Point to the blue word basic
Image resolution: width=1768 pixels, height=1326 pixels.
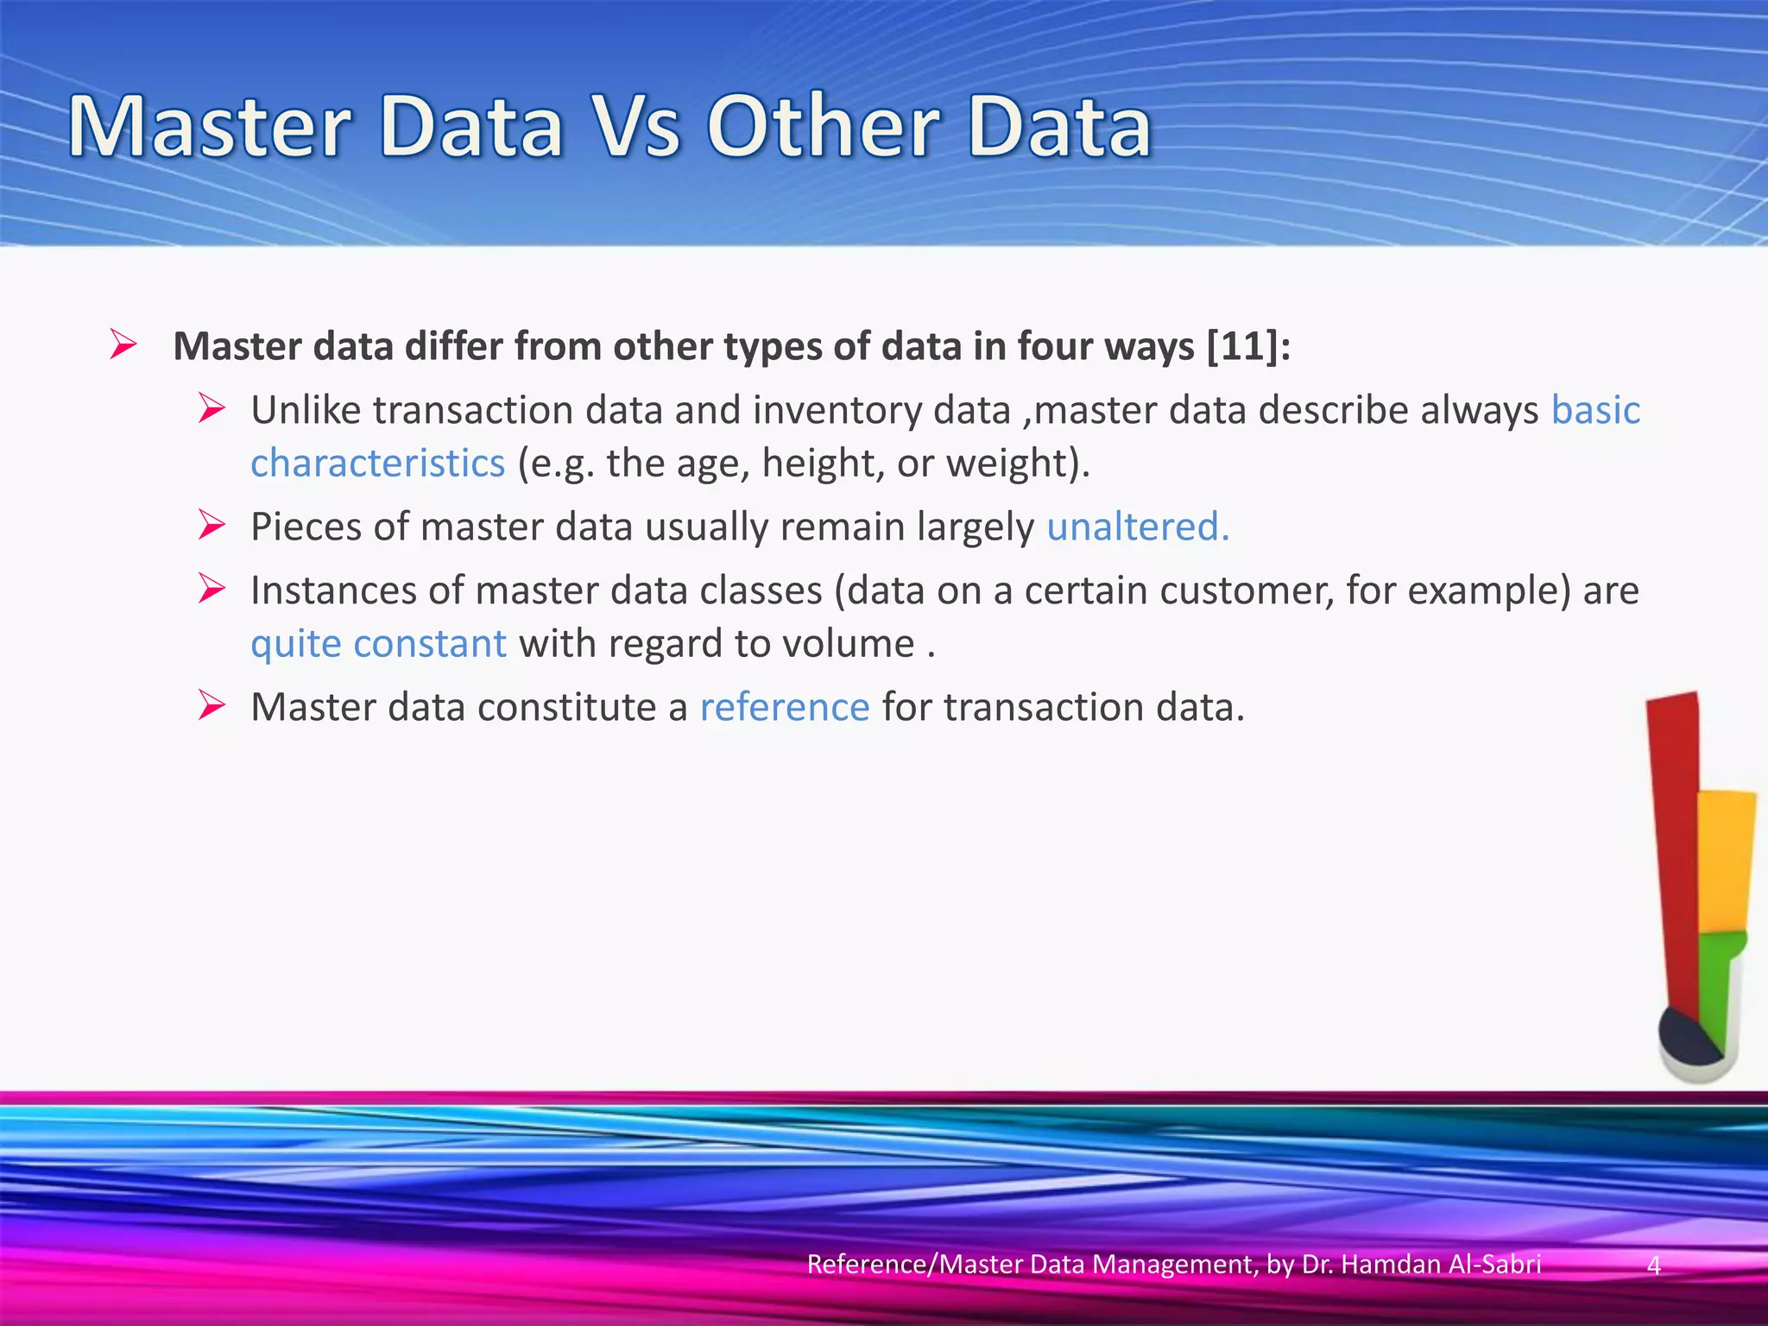point(1595,410)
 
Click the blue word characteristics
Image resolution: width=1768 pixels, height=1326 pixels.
point(377,464)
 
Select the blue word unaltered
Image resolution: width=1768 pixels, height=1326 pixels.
point(1137,527)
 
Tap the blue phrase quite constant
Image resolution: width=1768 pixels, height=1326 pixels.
point(378,644)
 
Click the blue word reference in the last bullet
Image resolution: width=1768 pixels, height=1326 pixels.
point(784,707)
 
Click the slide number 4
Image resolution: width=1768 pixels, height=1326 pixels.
point(1653,1266)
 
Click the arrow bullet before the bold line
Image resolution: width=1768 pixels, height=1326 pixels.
point(123,345)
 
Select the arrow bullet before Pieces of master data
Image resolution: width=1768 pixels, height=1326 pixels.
point(212,525)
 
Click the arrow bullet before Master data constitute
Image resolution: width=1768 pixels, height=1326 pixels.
point(212,705)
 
